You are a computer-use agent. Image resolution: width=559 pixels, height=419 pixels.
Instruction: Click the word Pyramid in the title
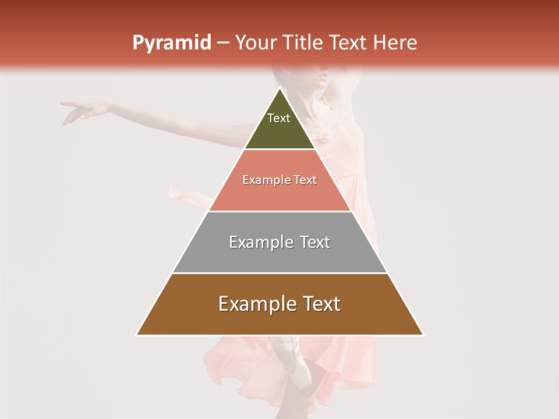point(171,43)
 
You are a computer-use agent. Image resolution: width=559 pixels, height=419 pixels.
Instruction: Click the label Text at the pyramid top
point(279,118)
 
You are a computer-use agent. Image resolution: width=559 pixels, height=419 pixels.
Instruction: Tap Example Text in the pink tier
point(279,180)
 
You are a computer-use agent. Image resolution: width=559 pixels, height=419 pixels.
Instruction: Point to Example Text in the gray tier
point(279,242)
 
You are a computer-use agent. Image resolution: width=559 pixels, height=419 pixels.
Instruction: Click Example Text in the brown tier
point(279,304)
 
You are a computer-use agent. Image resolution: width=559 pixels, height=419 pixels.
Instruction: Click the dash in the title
point(222,43)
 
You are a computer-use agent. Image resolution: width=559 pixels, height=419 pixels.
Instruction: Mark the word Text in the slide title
point(349,43)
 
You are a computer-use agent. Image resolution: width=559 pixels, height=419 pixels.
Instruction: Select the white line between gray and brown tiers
point(279,273)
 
